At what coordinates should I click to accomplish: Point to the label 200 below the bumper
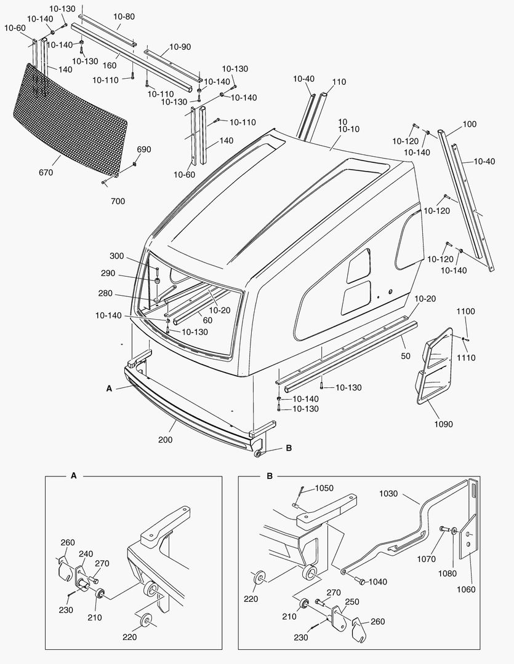click(x=164, y=440)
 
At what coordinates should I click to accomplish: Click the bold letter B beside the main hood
click(x=289, y=448)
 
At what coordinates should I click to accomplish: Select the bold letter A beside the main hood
click(x=109, y=389)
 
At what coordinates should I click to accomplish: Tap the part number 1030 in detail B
click(x=389, y=493)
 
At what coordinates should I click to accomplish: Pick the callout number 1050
click(x=324, y=488)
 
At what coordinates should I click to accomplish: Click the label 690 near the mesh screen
click(x=143, y=149)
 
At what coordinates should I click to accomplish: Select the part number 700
click(x=118, y=201)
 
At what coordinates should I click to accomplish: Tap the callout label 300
click(x=116, y=256)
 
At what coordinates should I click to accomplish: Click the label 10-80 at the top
click(x=125, y=17)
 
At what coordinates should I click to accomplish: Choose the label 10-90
click(x=180, y=47)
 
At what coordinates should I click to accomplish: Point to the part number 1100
click(x=465, y=312)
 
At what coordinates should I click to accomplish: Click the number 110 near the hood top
click(x=339, y=82)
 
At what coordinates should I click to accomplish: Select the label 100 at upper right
click(x=469, y=124)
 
